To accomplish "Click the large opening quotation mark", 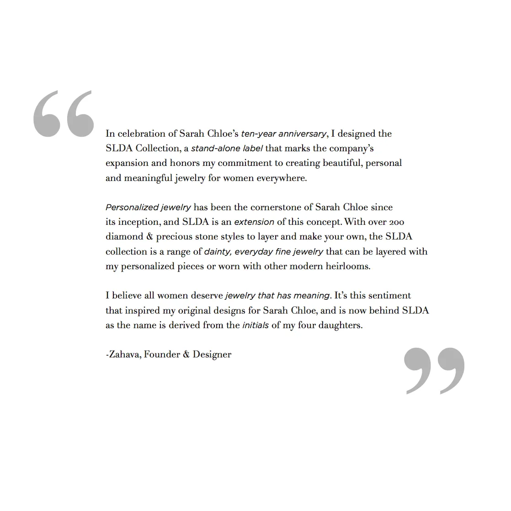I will tap(64, 114).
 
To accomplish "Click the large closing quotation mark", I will tap(434, 370).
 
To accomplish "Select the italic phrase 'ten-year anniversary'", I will tap(283, 134).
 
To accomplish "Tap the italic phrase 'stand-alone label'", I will tap(227, 149).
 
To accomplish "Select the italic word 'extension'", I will tap(254, 223).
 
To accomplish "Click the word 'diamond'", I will tap(124, 237).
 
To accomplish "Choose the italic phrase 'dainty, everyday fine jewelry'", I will tap(264, 252).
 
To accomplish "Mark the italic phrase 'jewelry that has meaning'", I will tap(277, 296).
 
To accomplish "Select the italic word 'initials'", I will tap(255, 326).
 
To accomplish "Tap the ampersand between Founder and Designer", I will tap(186, 354).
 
